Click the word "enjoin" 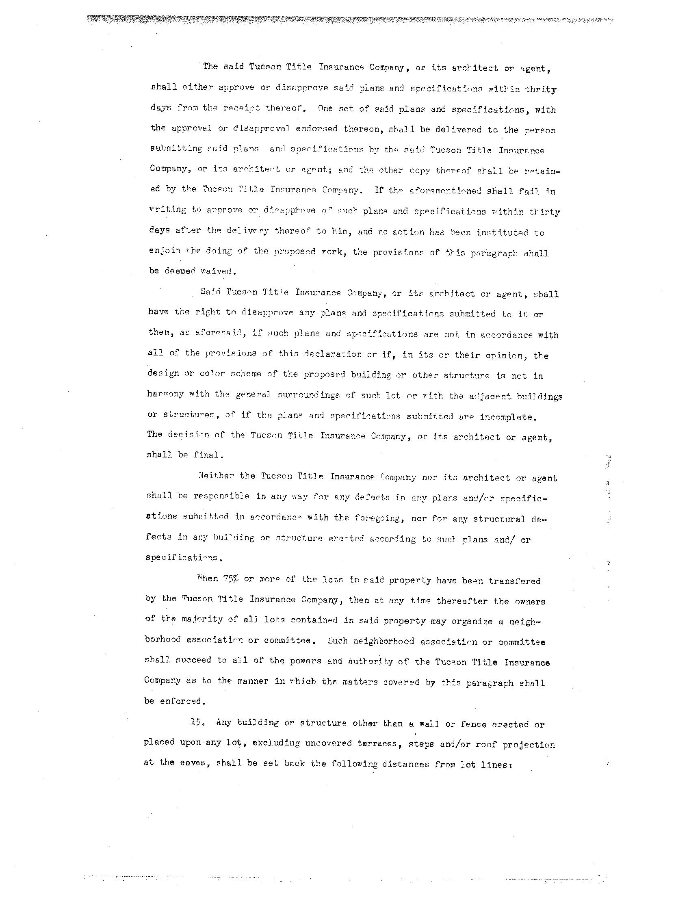(x=165, y=251)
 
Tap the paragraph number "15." (x=197, y=723)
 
